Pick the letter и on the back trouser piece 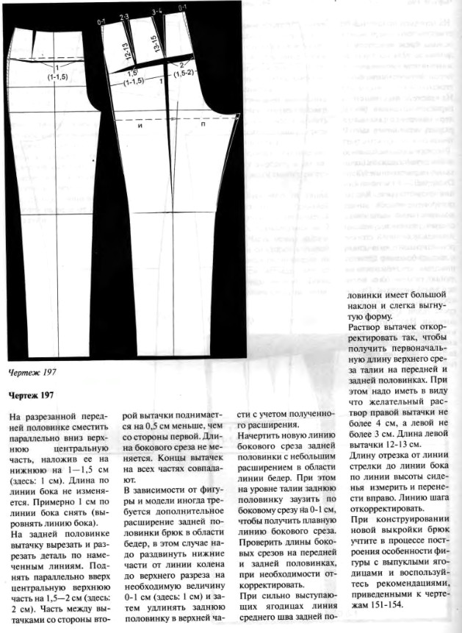(139, 126)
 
